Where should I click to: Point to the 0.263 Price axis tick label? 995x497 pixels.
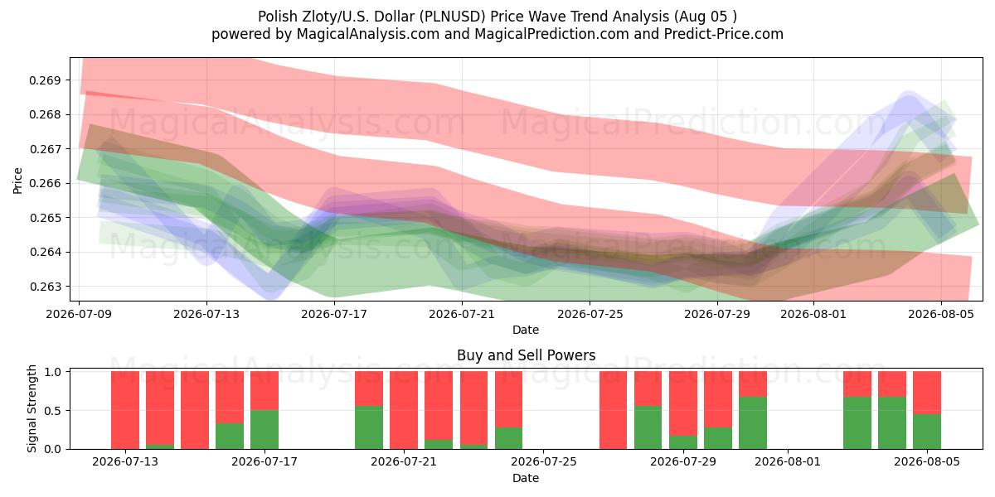(45, 287)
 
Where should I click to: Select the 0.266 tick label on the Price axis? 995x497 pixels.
(45, 183)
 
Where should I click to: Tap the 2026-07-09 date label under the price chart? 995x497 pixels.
(79, 314)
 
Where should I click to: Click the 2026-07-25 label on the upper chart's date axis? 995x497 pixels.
(590, 314)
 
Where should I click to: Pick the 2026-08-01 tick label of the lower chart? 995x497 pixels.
(788, 461)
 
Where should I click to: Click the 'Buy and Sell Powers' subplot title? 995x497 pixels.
(526, 355)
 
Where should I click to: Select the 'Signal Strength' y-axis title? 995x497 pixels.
(32, 408)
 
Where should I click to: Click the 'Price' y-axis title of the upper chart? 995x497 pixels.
(17, 181)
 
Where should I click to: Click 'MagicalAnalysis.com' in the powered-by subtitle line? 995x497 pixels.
(368, 34)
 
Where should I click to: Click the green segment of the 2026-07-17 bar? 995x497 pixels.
(265, 430)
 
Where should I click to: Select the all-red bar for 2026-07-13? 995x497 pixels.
(125, 410)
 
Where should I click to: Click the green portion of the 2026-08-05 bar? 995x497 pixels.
(927, 432)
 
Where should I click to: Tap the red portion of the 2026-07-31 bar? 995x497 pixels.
(753, 384)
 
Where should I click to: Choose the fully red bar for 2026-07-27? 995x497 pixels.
(614, 410)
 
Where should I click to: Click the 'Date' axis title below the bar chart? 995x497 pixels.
(526, 478)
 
